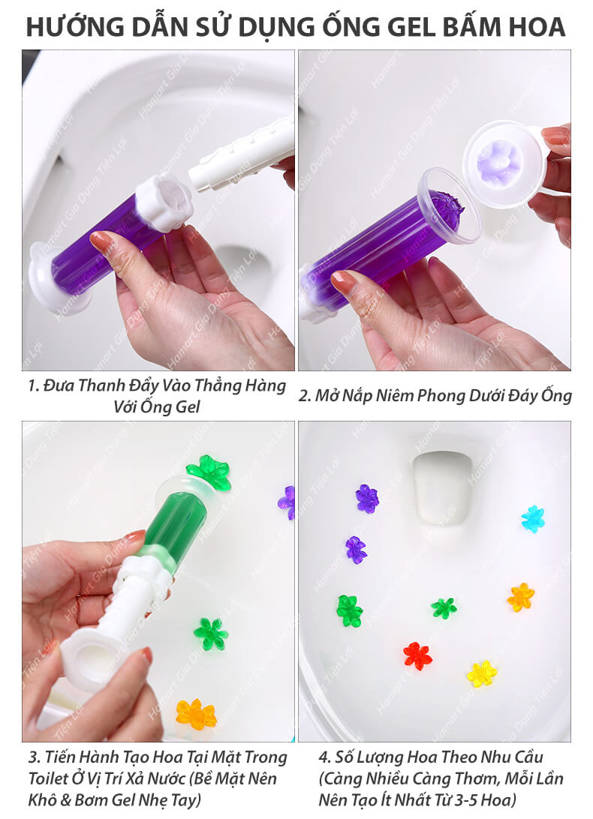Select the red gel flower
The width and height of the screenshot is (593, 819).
coord(417,656)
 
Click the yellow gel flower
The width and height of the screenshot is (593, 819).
coord(482,673)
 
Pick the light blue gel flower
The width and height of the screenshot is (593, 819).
coord(533,519)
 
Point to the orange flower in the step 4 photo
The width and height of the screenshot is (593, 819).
coord(520,596)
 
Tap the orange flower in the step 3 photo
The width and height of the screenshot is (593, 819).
coord(196,713)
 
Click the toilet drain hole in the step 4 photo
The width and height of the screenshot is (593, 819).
coord(443,487)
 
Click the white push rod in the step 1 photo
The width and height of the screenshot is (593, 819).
coord(241,154)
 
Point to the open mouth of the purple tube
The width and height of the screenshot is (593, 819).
coord(450,205)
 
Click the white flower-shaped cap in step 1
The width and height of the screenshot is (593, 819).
coord(164,203)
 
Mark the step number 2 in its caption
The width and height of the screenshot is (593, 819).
coord(303,396)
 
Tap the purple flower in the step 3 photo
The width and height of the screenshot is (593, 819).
coord(287,502)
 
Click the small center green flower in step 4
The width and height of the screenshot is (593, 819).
coord(444,608)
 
